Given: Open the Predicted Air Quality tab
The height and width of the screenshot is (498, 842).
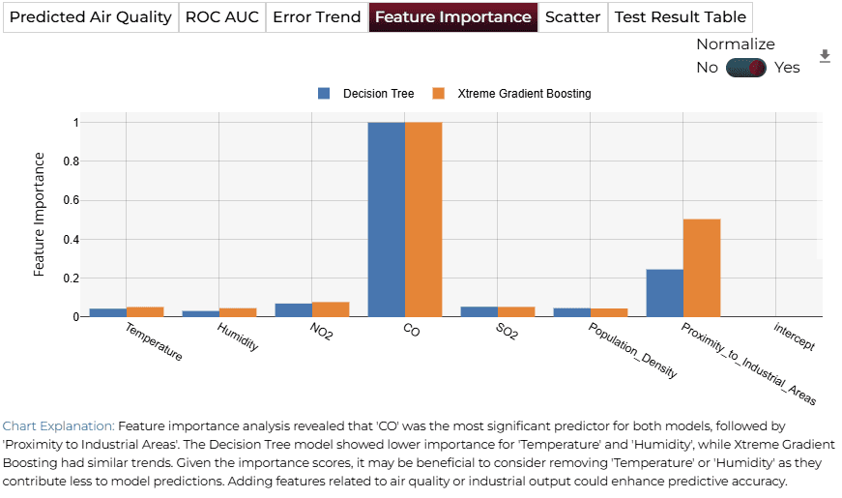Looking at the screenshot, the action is [x=91, y=17].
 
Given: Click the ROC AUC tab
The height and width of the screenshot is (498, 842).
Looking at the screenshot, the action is [x=222, y=17].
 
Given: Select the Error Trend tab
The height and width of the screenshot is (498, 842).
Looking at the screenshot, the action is [x=317, y=17].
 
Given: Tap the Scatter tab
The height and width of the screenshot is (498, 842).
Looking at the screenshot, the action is [x=572, y=17].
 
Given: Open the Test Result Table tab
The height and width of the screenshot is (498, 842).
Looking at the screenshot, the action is [x=681, y=17].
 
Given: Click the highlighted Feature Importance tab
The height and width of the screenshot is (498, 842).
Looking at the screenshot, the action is [x=453, y=17].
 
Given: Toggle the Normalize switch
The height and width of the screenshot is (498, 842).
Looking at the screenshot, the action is [x=746, y=68].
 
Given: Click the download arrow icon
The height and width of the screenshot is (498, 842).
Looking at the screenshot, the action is [x=825, y=56].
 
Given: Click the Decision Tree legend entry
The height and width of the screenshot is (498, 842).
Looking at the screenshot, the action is [x=366, y=94].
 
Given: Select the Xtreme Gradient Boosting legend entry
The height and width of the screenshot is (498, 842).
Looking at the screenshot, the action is [x=511, y=94].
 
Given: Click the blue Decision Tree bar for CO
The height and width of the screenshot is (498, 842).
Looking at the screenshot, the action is [x=387, y=220].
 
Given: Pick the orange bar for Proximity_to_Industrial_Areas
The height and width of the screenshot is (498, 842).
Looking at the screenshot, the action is [x=702, y=268].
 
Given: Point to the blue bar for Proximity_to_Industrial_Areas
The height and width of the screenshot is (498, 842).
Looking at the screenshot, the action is [x=665, y=293].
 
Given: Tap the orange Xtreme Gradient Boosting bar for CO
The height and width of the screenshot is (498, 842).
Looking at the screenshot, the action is [x=423, y=220].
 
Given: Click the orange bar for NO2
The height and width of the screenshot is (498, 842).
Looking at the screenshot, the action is [x=331, y=309].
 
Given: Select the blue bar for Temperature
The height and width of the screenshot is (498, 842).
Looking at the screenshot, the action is [x=108, y=312].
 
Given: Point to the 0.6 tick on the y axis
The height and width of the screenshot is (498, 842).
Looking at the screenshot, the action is [x=71, y=200].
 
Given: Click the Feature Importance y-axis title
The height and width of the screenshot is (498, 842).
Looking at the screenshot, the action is [x=39, y=215].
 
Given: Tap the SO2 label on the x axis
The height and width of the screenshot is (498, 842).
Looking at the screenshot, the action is [x=507, y=332].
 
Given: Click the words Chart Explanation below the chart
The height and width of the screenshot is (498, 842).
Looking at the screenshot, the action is [x=59, y=426].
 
